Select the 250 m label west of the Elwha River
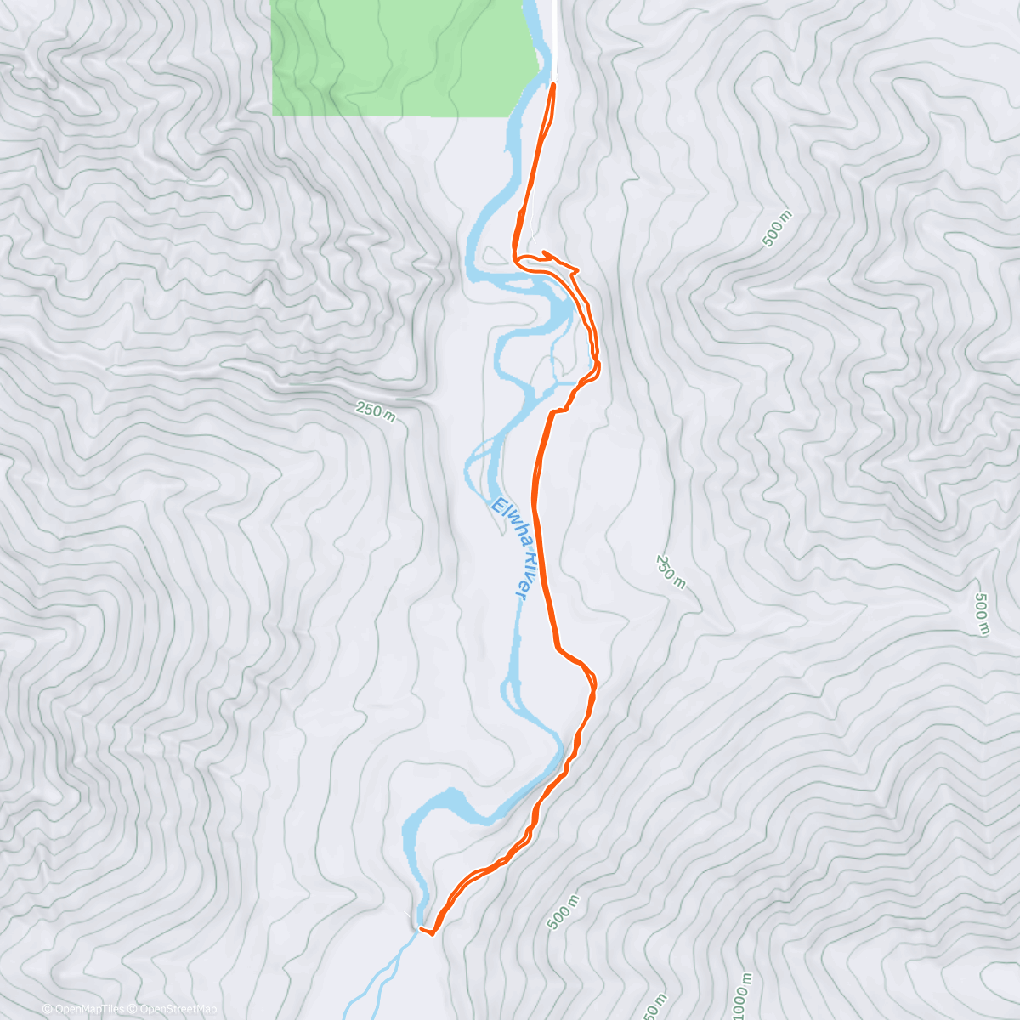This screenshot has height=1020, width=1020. [376, 411]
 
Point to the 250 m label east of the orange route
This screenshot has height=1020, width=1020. [670, 571]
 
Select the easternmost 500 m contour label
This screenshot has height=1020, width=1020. [983, 614]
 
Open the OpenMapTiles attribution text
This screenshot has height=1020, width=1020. [89, 1009]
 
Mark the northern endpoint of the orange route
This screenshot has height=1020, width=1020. [553, 84]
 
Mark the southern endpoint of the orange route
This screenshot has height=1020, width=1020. [422, 929]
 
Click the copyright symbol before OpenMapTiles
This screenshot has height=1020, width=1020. [48, 1009]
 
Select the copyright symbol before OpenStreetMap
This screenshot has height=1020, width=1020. [134, 1009]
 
